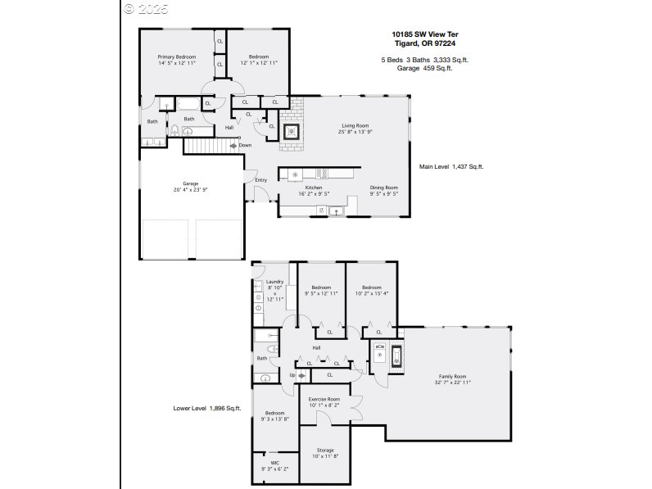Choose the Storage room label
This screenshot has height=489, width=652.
click(324, 450)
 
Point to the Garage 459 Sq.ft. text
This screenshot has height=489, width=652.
click(424, 68)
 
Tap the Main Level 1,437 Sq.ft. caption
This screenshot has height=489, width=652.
click(451, 165)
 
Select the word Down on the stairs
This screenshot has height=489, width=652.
click(245, 146)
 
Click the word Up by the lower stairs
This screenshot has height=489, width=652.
click(292, 375)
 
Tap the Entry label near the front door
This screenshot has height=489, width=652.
click(260, 180)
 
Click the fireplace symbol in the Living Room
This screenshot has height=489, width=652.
click(290, 132)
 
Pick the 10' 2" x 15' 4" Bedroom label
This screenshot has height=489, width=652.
click(372, 290)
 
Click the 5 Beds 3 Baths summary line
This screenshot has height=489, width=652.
click(424, 60)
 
